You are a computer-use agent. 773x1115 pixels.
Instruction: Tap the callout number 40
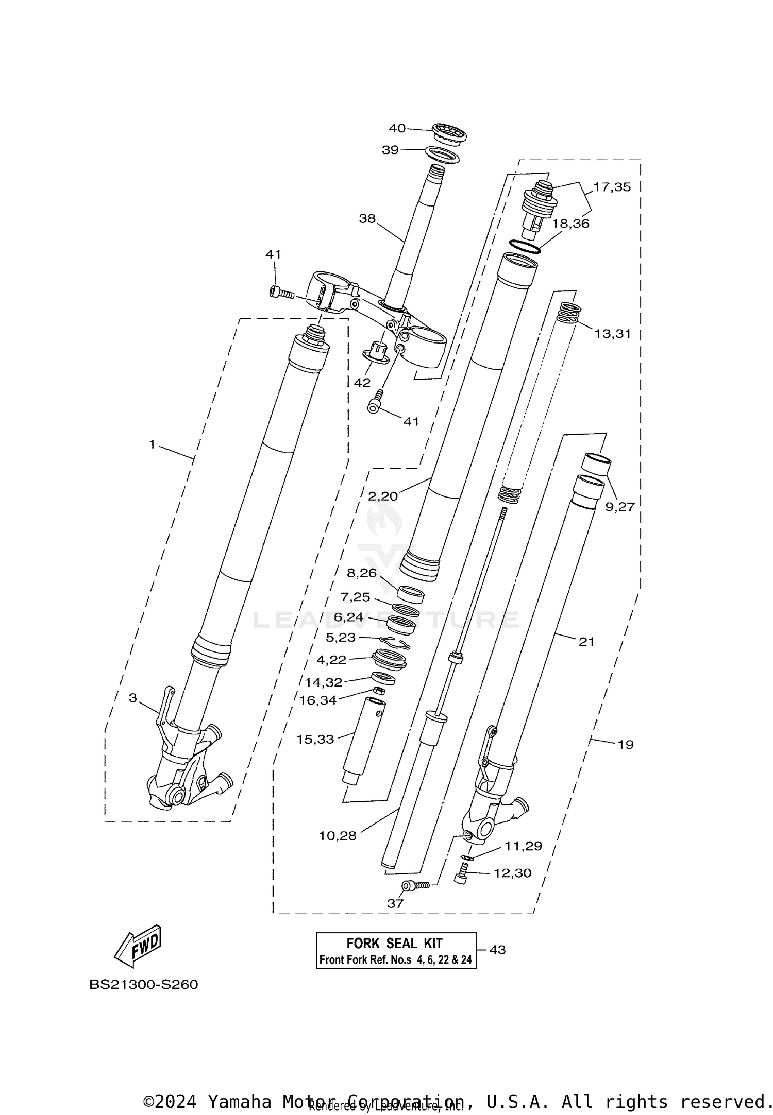click(x=397, y=128)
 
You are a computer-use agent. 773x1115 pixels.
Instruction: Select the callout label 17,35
click(x=612, y=187)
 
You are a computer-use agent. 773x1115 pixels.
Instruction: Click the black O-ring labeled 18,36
click(x=525, y=247)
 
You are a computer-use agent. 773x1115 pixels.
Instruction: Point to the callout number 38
click(x=367, y=219)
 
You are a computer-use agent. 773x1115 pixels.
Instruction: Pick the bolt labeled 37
click(x=415, y=885)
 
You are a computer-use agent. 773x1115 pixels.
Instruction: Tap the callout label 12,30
click(x=512, y=873)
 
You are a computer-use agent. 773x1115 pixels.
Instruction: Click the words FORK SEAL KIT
click(x=394, y=943)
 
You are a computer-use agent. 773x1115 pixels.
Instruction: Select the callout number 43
click(x=497, y=949)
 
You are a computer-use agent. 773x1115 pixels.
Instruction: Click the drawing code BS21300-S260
click(x=144, y=984)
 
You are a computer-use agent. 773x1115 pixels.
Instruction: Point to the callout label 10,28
click(x=338, y=836)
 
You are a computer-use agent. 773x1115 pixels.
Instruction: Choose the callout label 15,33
click(x=315, y=739)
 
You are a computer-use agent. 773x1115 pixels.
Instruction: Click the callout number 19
click(x=626, y=744)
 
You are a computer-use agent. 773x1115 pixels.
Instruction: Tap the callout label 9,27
click(x=619, y=507)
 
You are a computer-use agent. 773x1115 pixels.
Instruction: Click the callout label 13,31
click(x=612, y=333)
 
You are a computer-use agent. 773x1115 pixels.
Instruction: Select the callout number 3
click(x=133, y=698)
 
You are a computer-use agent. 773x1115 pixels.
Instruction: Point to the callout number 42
click(x=362, y=383)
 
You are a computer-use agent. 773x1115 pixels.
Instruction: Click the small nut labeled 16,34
click(x=378, y=691)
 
